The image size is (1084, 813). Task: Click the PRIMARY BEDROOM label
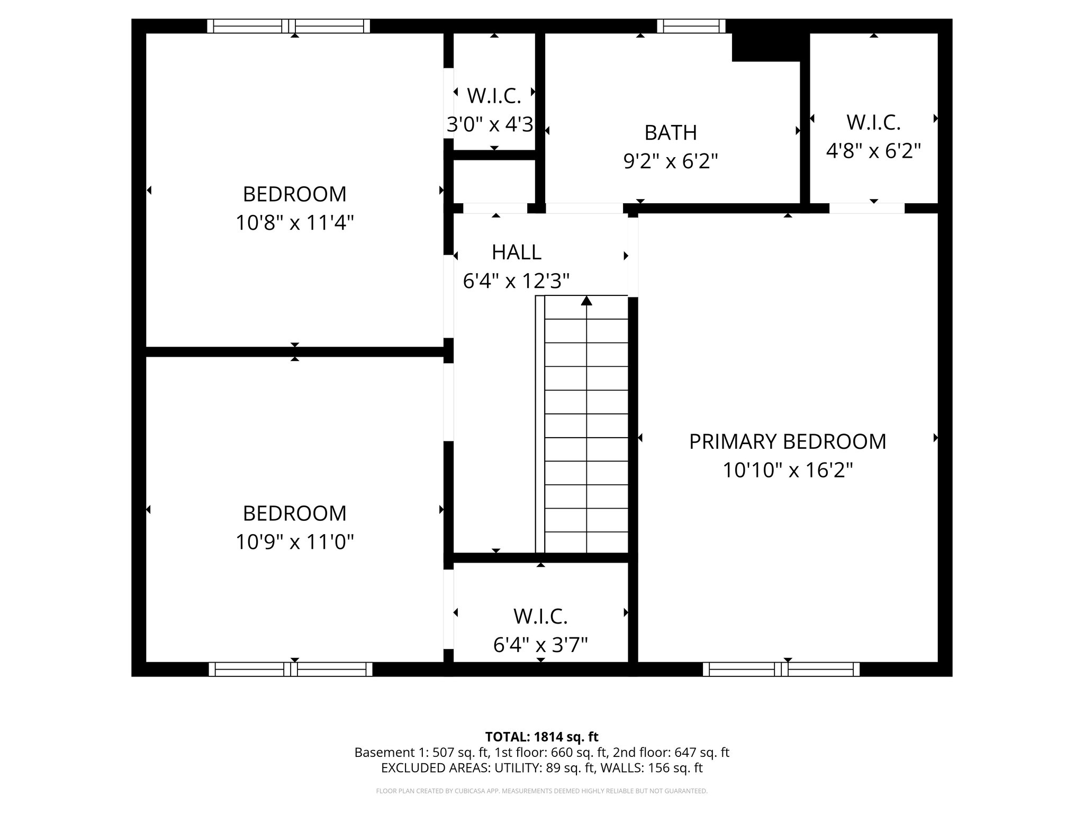[787, 441]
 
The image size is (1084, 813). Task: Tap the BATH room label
[670, 132]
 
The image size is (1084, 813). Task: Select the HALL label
[516, 252]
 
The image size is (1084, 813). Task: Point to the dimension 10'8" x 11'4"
[294, 223]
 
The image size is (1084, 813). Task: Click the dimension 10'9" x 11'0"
[294, 542]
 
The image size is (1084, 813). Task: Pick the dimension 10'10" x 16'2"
[788, 470]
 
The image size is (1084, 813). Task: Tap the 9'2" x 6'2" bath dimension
[670, 161]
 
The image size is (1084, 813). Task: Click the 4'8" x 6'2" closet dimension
[873, 151]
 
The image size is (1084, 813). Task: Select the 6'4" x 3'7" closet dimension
[540, 645]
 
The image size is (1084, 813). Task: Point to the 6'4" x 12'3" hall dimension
[516, 281]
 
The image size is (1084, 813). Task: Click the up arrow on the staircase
[586, 301]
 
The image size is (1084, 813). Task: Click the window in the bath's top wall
[691, 26]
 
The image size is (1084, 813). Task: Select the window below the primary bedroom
[781, 670]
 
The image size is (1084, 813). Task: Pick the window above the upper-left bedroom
[288, 26]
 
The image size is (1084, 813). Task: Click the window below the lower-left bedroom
[290, 670]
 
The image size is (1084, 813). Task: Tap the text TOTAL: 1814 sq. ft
[541, 737]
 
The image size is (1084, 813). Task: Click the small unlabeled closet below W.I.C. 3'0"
[494, 181]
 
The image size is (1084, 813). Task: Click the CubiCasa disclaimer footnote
[541, 791]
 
